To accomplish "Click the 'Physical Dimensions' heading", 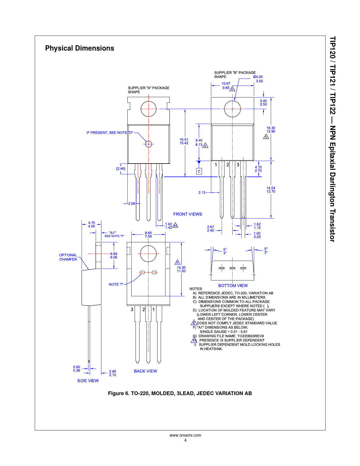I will [80, 48].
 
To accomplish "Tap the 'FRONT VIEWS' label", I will [187, 214].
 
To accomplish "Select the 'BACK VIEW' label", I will [145, 371].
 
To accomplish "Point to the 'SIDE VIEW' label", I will [88, 381].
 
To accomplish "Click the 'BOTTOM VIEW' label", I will [233, 286].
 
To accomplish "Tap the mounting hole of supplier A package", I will [149, 109].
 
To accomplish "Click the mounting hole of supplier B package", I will [232, 109].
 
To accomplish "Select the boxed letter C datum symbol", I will [199, 171].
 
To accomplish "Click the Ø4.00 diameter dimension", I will [258, 77].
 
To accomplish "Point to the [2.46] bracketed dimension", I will [121, 169].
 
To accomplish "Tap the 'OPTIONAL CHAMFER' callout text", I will [68, 257].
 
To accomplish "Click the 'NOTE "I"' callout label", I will [116, 284].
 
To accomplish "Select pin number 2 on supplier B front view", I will [228, 165].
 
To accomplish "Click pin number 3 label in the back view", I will [132, 310].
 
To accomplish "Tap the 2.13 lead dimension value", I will [202, 193].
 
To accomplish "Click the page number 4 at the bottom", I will [185, 440].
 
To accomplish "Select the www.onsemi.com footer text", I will [185, 435].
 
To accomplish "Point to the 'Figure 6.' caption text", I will [119, 393].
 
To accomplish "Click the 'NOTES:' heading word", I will [196, 289].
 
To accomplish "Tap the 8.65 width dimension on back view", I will [148, 233].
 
